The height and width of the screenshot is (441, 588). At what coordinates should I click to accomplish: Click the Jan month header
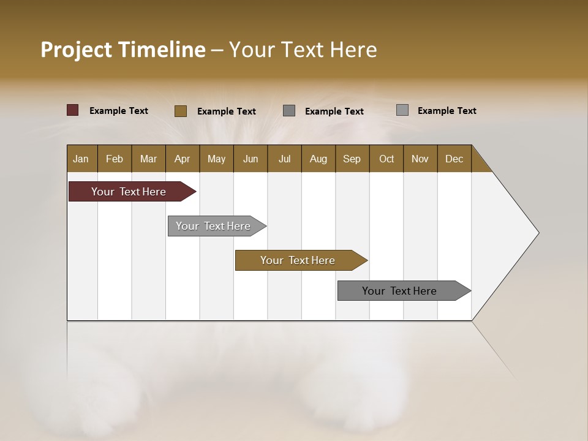(81, 159)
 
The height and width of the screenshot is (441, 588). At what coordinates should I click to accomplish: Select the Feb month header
(115, 159)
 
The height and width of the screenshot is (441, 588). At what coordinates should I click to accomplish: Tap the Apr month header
(182, 159)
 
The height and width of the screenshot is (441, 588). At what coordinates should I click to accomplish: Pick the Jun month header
(251, 159)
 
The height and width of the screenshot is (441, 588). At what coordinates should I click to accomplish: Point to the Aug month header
(318, 159)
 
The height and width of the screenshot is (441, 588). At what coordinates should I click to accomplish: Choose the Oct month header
(386, 159)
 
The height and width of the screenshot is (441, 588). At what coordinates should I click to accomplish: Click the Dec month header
(454, 159)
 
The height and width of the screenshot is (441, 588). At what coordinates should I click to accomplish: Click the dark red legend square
(72, 110)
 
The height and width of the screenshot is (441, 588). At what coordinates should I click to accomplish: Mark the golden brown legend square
(181, 111)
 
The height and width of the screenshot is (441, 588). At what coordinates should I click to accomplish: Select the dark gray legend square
(289, 111)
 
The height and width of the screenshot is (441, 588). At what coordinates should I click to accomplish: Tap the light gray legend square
(402, 110)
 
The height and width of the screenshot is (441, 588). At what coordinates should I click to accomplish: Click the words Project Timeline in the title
(123, 50)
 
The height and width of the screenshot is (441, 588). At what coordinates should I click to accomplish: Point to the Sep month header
(352, 159)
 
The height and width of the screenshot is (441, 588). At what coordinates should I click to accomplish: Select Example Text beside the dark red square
(119, 111)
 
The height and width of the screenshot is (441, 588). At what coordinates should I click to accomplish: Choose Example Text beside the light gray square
(447, 111)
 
